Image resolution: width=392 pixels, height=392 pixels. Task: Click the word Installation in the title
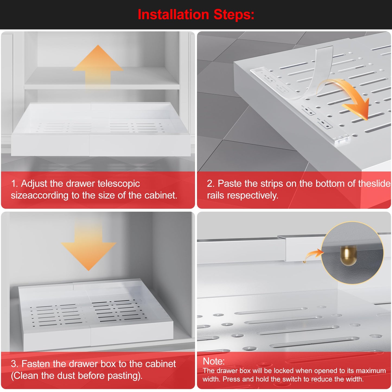point(173,15)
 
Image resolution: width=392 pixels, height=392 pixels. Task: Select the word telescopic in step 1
point(119,184)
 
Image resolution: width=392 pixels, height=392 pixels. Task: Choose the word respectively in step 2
point(253,196)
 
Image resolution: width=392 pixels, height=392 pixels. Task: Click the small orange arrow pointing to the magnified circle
point(313,255)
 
